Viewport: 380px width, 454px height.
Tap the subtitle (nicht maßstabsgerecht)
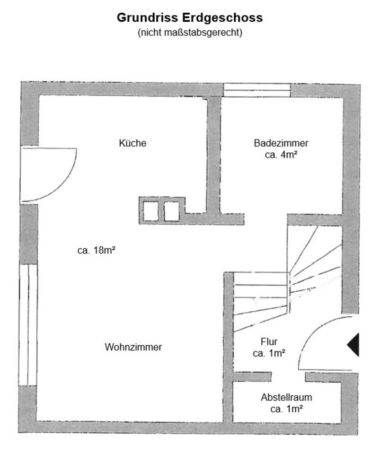click(190, 33)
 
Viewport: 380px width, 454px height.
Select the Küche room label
click(133, 143)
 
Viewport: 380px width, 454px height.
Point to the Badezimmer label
click(281, 143)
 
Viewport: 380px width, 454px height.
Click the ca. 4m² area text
click(281, 155)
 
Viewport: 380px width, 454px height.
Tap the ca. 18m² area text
click(97, 251)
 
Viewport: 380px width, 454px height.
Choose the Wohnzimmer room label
click(133, 347)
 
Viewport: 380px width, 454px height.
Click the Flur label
click(269, 341)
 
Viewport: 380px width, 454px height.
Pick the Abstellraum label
click(286, 397)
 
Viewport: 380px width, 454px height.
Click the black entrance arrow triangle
click(353, 344)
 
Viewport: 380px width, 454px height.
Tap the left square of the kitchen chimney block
click(151, 211)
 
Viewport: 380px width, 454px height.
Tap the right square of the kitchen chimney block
click(171, 211)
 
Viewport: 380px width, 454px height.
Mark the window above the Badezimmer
click(257, 90)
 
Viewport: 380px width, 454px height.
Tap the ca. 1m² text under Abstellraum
click(286, 410)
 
